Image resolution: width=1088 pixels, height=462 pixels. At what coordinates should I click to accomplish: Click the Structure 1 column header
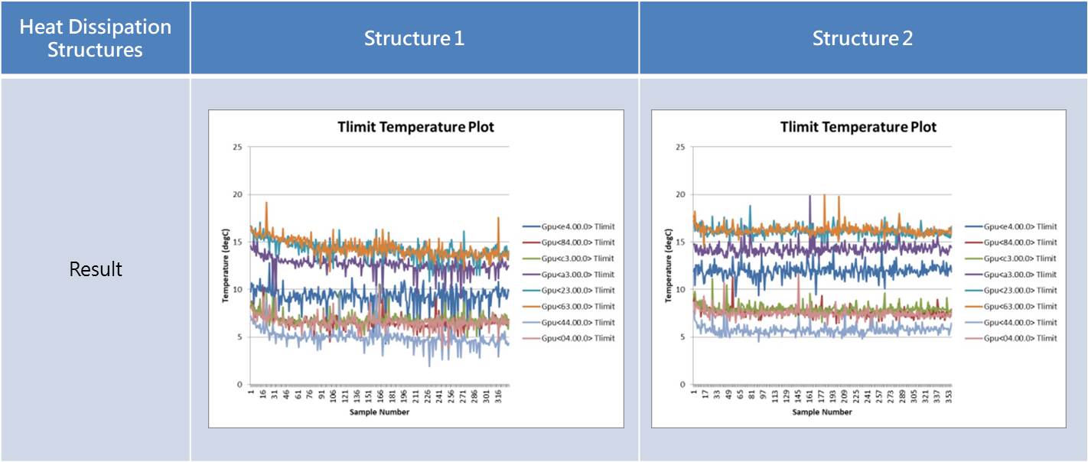point(414,39)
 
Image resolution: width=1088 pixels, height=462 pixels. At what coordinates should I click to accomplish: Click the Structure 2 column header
point(862,39)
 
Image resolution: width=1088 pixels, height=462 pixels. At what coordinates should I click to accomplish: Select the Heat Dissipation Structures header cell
point(96,39)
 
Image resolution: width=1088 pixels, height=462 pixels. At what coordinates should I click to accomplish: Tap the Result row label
point(96,269)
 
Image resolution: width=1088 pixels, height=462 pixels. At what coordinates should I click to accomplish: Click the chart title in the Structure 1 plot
point(415,127)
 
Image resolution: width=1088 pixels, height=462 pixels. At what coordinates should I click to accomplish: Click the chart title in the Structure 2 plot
point(858,127)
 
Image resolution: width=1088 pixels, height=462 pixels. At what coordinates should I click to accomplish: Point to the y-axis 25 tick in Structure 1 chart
point(238,147)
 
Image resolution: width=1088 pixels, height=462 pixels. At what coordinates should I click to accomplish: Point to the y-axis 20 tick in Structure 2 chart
point(680,194)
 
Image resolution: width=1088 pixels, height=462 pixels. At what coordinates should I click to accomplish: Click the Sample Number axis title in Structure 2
point(822,412)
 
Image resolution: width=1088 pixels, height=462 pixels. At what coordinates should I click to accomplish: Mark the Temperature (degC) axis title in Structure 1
point(226,265)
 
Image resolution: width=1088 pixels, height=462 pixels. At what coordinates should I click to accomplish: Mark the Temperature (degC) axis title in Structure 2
point(669,265)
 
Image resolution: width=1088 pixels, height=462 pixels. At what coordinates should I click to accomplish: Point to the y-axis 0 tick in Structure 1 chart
point(240,385)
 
